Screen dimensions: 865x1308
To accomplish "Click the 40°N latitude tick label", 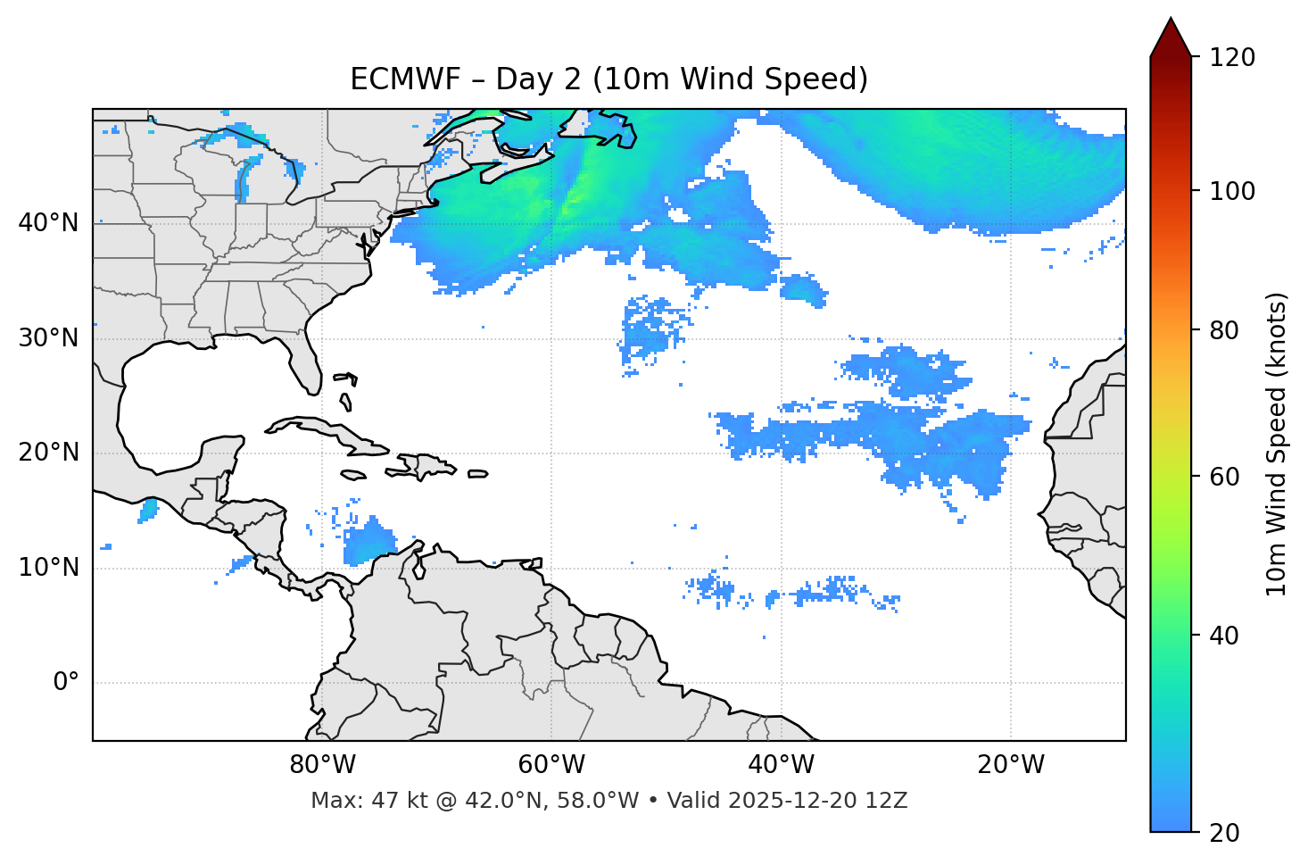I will click(x=48, y=223).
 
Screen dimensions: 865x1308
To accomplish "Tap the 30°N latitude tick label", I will click(x=48, y=338).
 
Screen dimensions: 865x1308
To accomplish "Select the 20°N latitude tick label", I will click(x=48, y=453).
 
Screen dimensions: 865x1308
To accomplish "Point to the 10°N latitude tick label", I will click(x=48, y=568).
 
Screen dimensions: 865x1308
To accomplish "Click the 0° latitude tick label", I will click(x=66, y=683).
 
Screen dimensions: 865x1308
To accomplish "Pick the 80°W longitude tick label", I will click(x=322, y=765).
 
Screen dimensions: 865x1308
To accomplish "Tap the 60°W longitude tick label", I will click(x=551, y=765).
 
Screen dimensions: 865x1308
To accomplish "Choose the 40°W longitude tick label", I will click(x=781, y=765).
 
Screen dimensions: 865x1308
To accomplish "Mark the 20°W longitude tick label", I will click(x=1010, y=765).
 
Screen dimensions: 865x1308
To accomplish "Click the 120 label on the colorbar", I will click(x=1232, y=58).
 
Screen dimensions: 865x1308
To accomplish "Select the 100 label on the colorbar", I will click(x=1232, y=191).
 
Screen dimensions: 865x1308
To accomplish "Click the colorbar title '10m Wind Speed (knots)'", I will click(x=1277, y=444).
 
